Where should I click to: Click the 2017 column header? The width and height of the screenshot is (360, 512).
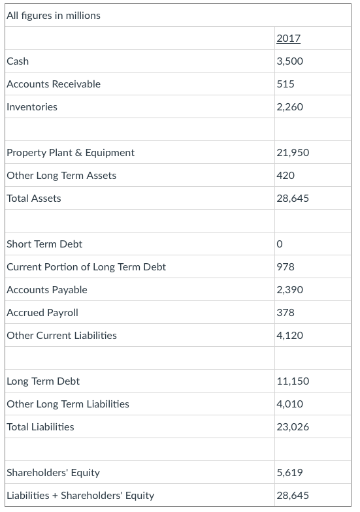[289, 38]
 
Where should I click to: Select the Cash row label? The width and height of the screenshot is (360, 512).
[18, 61]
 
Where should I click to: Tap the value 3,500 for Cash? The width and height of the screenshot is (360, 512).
[290, 61]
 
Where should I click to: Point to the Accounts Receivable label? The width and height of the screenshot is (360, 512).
[54, 84]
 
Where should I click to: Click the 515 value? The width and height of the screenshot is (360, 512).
[286, 84]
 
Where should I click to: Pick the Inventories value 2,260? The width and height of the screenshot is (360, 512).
[290, 106]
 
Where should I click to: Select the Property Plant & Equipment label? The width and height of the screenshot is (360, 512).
[71, 152]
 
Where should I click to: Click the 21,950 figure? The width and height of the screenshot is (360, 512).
[293, 152]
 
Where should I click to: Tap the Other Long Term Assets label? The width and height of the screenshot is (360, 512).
[61, 175]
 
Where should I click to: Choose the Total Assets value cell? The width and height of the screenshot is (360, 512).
[293, 198]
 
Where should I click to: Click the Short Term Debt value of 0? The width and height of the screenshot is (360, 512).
[280, 244]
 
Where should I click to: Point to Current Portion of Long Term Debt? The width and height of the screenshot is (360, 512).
[86, 266]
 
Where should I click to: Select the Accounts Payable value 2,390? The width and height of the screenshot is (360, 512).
[290, 289]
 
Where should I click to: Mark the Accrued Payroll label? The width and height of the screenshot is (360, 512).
[42, 312]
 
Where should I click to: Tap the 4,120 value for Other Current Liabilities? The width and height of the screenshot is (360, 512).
[290, 335]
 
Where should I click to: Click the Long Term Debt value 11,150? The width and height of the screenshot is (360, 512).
[293, 381]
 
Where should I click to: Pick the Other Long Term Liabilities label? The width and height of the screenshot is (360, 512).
[68, 404]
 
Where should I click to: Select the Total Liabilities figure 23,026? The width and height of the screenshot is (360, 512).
[293, 426]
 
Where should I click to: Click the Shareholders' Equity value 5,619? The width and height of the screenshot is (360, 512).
[290, 472]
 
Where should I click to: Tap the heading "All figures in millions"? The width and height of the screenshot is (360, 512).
[54, 15]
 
